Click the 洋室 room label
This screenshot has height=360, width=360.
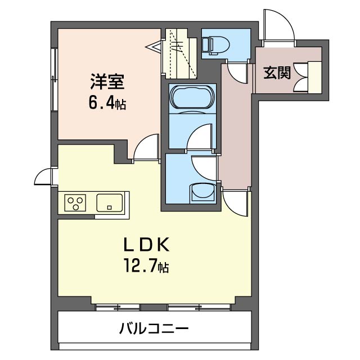[107, 83]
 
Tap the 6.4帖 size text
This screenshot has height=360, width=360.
[107, 103]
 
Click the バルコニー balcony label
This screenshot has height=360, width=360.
[153, 328]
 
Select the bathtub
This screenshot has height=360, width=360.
[191, 97]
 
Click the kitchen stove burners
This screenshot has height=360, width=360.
[75, 202]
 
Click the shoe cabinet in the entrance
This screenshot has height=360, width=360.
[312, 76]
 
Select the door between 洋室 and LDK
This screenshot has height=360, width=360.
[145, 148]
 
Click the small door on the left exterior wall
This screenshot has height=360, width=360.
[43, 177]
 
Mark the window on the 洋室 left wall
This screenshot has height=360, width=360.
[55, 82]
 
